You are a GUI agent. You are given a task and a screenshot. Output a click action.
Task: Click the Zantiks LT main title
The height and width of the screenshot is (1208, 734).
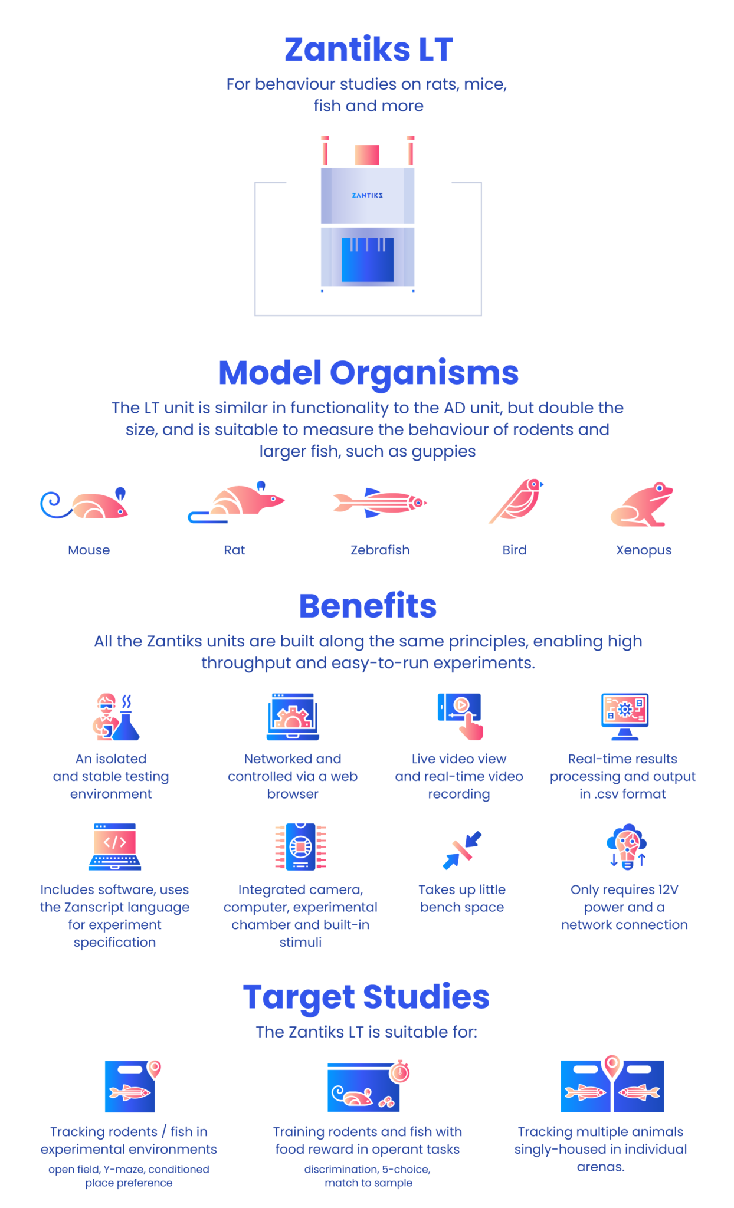pyautogui.click(x=368, y=50)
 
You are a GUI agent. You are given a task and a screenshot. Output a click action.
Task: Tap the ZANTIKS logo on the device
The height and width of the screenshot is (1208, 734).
pyautogui.click(x=367, y=195)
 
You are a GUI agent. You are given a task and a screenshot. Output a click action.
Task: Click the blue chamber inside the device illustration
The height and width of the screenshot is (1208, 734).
pyautogui.click(x=368, y=260)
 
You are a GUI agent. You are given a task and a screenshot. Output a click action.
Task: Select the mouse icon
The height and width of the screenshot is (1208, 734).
pyautogui.click(x=84, y=503)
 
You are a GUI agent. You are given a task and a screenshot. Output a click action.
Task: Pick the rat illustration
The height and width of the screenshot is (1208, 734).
pyautogui.click(x=236, y=502)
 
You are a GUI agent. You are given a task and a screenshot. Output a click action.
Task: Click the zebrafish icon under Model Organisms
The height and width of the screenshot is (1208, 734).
pyautogui.click(x=380, y=503)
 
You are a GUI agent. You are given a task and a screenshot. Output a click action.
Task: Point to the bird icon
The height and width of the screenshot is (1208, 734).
pyautogui.click(x=516, y=501)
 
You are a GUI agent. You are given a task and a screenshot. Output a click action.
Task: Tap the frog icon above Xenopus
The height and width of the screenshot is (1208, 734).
pyautogui.click(x=642, y=504)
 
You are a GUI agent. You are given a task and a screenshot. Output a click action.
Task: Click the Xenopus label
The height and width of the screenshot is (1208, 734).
pyautogui.click(x=644, y=550)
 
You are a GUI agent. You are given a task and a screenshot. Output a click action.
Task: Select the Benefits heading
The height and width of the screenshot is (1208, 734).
pyautogui.click(x=368, y=606)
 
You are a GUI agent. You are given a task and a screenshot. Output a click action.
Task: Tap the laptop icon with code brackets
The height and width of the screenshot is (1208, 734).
pyautogui.click(x=115, y=847)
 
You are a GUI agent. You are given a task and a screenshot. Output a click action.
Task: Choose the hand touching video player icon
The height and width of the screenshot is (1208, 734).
pyautogui.click(x=461, y=716)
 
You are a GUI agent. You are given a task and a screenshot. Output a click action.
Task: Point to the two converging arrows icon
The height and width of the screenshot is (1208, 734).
pyautogui.click(x=462, y=850)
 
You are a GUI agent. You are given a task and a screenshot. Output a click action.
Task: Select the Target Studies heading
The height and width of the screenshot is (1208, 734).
pyautogui.click(x=366, y=997)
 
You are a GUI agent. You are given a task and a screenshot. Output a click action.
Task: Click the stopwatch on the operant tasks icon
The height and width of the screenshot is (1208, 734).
pyautogui.click(x=400, y=1071)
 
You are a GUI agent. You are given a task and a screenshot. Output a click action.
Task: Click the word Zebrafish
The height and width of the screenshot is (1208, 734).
pyautogui.click(x=380, y=550)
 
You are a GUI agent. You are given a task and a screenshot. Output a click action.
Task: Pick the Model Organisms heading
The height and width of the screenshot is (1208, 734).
pyautogui.click(x=368, y=373)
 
